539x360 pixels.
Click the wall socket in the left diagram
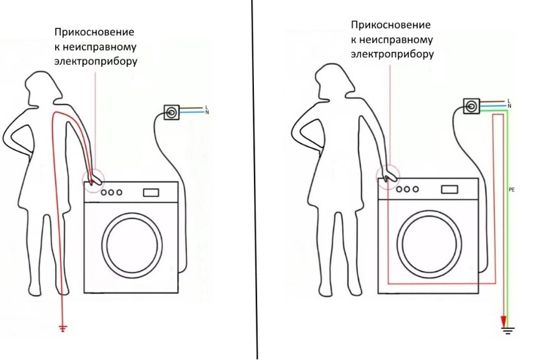click(x=171, y=112)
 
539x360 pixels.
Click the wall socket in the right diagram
click(x=471, y=105)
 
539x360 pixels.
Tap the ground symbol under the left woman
click(x=62, y=328)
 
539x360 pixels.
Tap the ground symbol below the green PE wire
click(x=507, y=330)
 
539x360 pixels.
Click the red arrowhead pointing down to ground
click(x=503, y=322)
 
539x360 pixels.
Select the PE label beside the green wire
click(x=512, y=190)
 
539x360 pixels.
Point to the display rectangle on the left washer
click(x=151, y=192)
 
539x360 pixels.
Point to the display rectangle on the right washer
click(x=449, y=189)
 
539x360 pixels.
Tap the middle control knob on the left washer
click(x=111, y=192)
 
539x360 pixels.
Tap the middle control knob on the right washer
click(x=407, y=189)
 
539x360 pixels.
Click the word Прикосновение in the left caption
click(x=94, y=32)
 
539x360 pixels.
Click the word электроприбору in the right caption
click(x=392, y=55)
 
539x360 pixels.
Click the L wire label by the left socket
click(x=207, y=108)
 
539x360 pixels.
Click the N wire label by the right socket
click(x=509, y=106)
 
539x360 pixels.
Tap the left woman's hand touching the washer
click(x=95, y=179)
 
